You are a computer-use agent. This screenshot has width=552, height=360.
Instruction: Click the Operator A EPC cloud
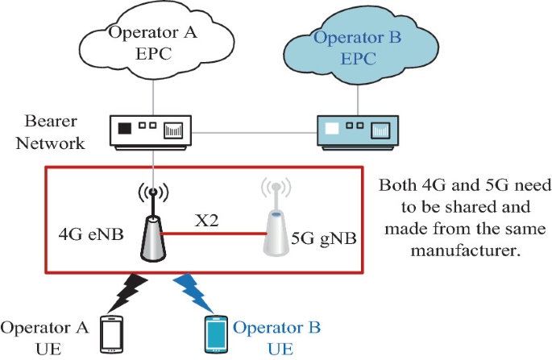click(x=153, y=45)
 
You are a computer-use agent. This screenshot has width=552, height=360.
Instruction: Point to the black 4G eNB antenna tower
click(x=153, y=226)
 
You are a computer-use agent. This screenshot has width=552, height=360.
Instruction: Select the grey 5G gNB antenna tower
click(x=276, y=221)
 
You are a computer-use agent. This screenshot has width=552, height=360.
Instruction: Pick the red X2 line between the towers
click(x=214, y=232)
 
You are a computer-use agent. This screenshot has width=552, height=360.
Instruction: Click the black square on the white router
click(x=125, y=127)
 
